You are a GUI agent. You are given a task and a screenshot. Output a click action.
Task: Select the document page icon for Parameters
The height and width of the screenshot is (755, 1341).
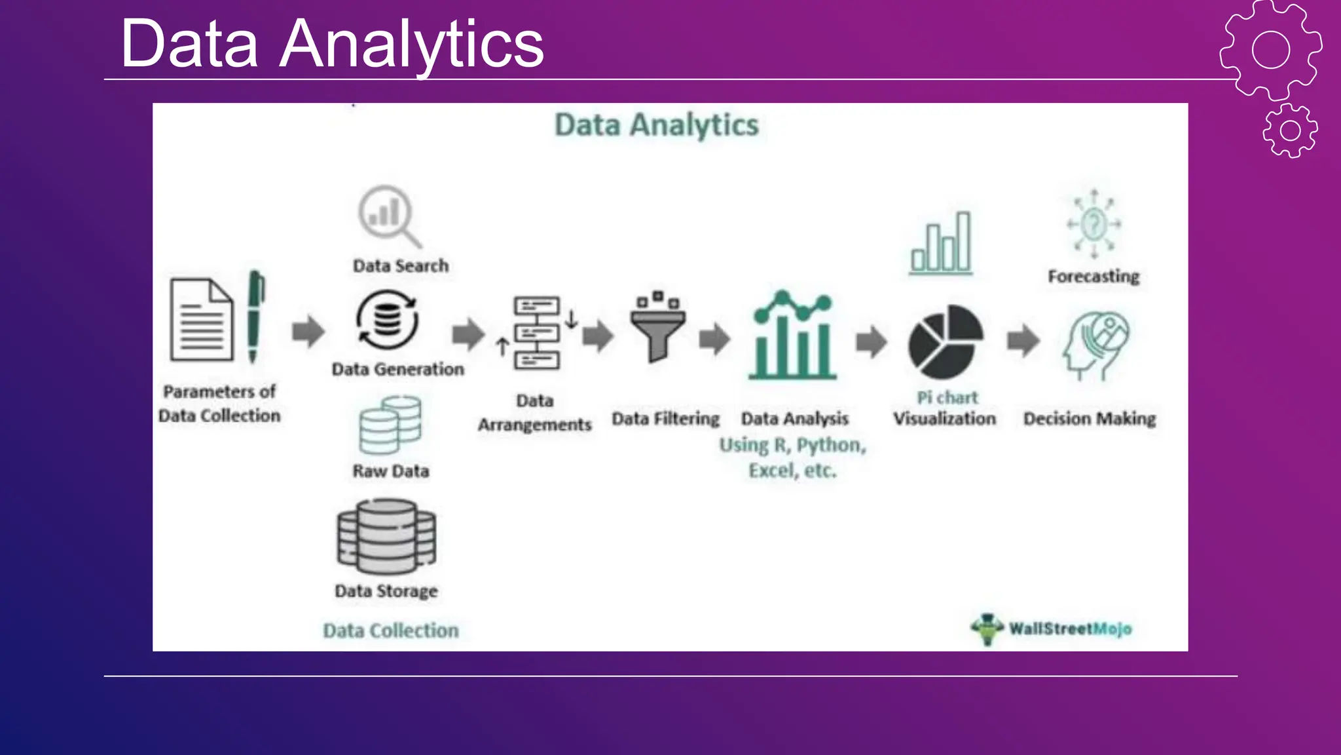pyautogui.click(x=202, y=320)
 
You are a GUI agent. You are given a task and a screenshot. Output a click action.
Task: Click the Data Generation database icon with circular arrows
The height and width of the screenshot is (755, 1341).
pyautogui.click(x=388, y=320)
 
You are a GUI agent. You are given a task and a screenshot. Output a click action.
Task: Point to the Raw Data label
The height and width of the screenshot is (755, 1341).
pyautogui.click(x=391, y=471)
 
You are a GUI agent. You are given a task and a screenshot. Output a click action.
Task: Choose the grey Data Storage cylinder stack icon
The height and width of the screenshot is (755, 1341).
pyautogui.click(x=386, y=536)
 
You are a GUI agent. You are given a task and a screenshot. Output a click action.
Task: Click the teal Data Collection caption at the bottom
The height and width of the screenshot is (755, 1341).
pyautogui.click(x=391, y=630)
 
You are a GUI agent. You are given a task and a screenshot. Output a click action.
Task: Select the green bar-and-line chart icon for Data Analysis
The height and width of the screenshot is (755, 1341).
pyautogui.click(x=793, y=335)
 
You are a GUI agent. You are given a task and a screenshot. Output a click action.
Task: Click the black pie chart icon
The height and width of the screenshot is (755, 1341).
pyautogui.click(x=946, y=341)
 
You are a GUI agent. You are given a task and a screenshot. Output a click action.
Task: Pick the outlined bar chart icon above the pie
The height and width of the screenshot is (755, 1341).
pyautogui.click(x=942, y=242)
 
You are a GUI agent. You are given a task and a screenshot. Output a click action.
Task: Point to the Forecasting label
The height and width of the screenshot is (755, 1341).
pyautogui.click(x=1093, y=277)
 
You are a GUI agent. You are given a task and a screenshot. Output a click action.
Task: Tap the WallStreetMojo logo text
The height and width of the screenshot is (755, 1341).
pyautogui.click(x=1070, y=629)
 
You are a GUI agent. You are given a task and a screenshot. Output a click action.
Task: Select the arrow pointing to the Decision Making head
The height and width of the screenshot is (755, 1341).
pyautogui.click(x=1023, y=340)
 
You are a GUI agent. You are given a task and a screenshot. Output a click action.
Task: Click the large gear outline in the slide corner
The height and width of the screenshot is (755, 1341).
pyautogui.click(x=1270, y=50)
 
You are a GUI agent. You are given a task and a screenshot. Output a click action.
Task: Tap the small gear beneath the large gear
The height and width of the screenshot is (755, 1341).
pyautogui.click(x=1290, y=130)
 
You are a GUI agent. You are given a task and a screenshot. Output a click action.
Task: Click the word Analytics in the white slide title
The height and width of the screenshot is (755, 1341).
pyautogui.click(x=412, y=45)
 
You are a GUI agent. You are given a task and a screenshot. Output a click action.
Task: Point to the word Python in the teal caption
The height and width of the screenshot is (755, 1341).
pyautogui.click(x=831, y=446)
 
